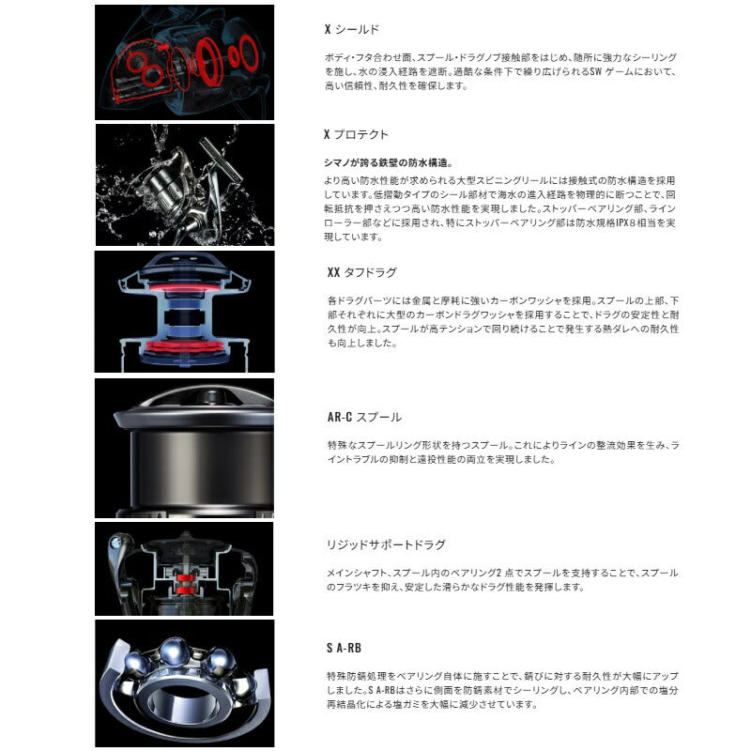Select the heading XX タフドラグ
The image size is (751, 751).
[x=361, y=273]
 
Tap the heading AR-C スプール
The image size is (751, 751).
[x=364, y=417]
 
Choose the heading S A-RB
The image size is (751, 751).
[x=344, y=648]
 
